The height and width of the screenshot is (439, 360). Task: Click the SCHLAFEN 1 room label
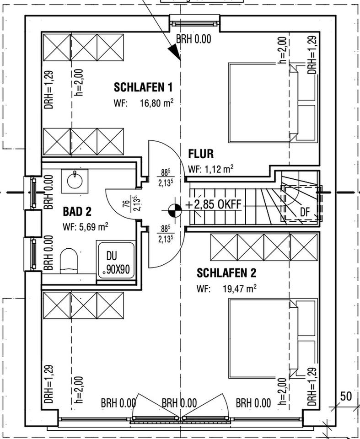point(143,87)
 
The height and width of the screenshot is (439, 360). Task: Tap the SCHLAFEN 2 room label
point(226,273)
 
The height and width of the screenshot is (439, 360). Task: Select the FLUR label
point(201,154)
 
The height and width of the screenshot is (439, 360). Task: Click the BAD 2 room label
point(77,211)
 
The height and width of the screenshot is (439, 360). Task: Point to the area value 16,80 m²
point(156,103)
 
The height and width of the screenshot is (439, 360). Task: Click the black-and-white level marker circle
point(174,210)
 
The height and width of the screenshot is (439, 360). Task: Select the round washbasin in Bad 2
point(75,179)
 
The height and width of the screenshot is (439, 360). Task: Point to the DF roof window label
point(305,211)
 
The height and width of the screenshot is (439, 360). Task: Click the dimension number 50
point(346,396)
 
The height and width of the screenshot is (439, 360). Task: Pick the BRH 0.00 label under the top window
point(193,39)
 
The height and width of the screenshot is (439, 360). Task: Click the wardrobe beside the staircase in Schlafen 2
point(264,247)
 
